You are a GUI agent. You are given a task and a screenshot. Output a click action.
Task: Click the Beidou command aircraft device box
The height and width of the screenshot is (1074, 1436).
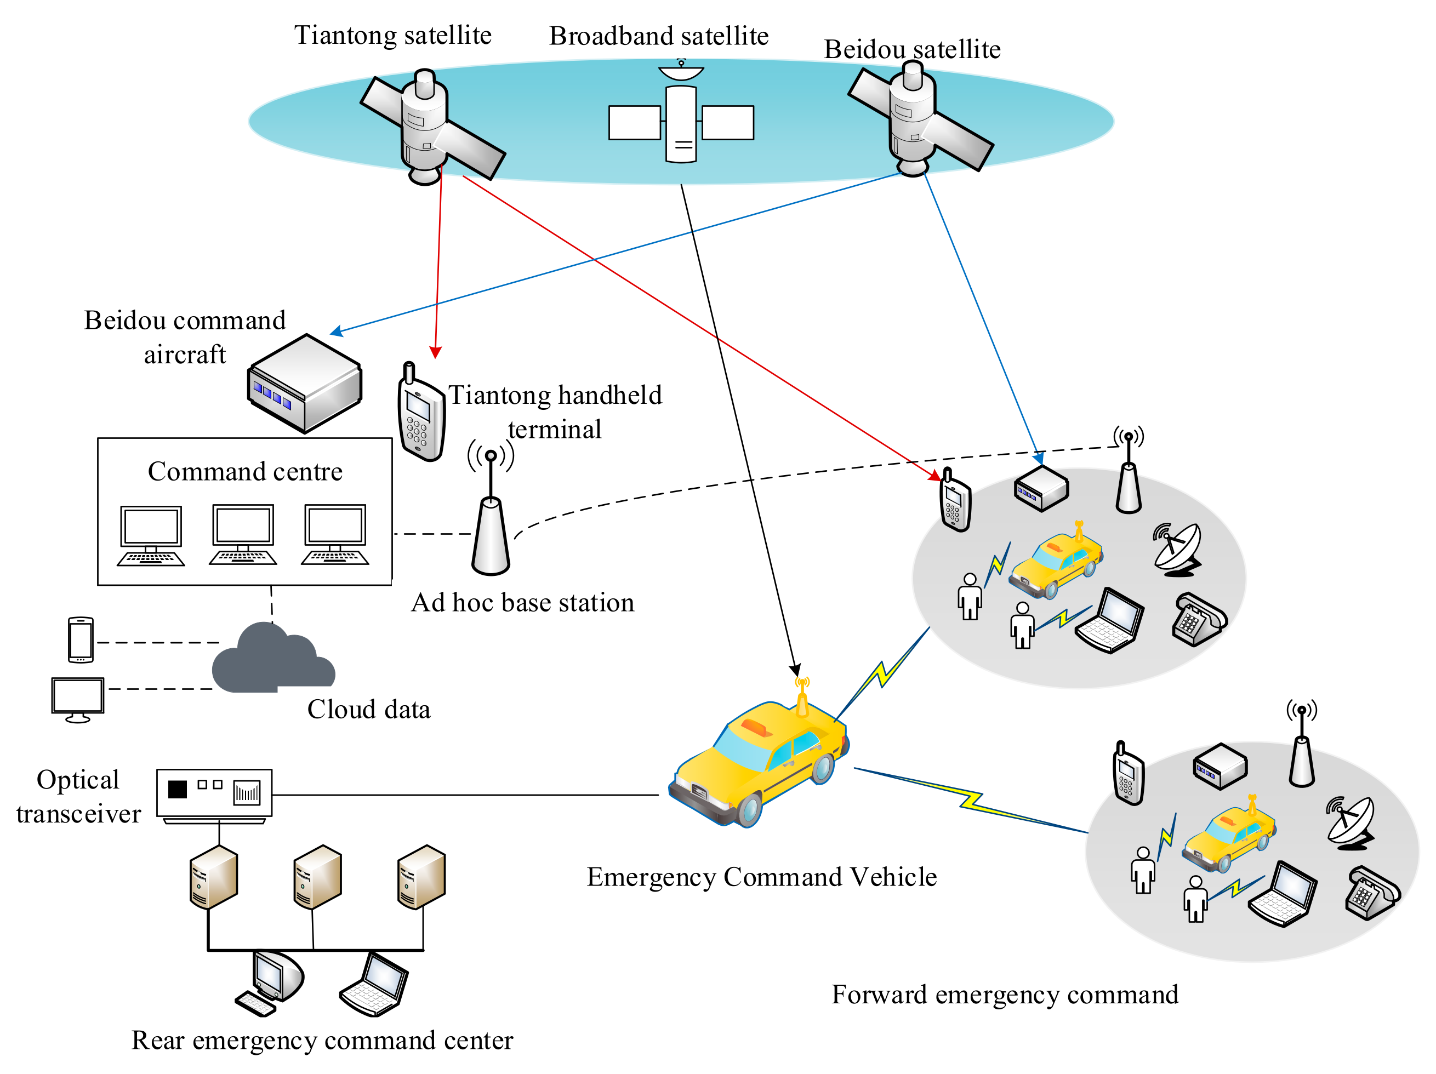pyautogui.click(x=305, y=383)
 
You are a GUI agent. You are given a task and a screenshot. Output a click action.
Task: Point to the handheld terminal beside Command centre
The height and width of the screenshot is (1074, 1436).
pyautogui.click(x=421, y=415)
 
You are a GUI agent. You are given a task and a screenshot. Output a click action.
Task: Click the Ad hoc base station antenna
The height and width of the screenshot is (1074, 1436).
pyautogui.click(x=491, y=519)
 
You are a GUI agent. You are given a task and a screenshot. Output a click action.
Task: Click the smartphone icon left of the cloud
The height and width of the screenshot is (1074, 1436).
pyautogui.click(x=81, y=639)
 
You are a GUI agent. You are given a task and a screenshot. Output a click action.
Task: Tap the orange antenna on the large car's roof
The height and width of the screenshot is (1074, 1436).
pyautogui.click(x=802, y=698)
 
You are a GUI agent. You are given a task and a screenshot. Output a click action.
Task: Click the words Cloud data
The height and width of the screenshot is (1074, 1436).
pyautogui.click(x=368, y=709)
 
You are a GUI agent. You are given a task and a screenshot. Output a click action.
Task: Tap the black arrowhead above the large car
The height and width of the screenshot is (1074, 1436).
pyautogui.click(x=795, y=670)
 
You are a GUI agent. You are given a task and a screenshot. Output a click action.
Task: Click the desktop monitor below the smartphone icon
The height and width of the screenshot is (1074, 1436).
pyautogui.click(x=78, y=698)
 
